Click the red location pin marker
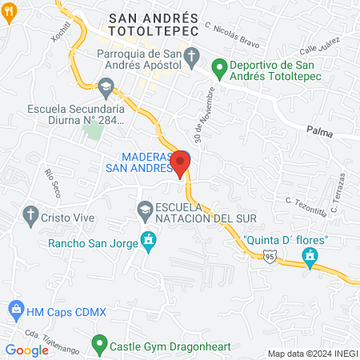coord(181,162)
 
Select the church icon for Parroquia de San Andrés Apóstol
coord(191,55)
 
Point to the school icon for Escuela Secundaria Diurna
coord(106,86)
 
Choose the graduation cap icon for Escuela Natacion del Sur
coord(145,210)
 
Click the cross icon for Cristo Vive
coord(30,214)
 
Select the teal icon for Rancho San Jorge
coord(148,239)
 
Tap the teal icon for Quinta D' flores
coord(310,257)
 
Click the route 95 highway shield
coord(271,255)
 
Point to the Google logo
coord(27,350)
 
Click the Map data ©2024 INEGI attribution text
coord(311,354)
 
